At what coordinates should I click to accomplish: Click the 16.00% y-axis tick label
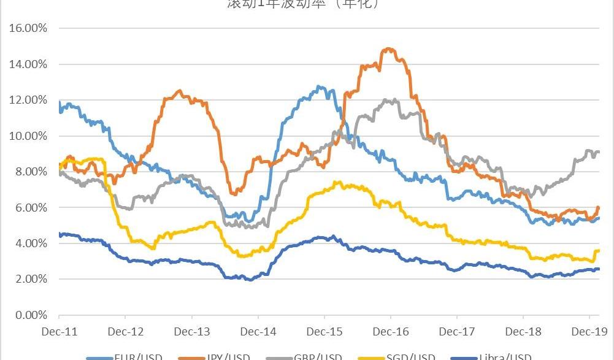click(x=26, y=28)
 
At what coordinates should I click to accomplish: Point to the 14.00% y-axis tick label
click(x=26, y=64)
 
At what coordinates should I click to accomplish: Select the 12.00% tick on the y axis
click(x=26, y=100)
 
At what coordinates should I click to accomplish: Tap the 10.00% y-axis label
click(x=26, y=136)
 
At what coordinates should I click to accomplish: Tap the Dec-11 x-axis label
click(x=59, y=332)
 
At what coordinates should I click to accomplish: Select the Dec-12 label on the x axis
click(x=125, y=332)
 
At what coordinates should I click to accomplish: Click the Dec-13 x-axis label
click(x=192, y=332)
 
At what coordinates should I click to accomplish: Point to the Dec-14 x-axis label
click(x=258, y=332)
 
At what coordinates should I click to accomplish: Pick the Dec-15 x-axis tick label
click(x=324, y=332)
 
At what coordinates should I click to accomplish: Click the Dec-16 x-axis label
click(x=391, y=332)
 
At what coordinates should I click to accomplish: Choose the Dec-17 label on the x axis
click(x=457, y=332)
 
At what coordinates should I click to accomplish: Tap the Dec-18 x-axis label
click(x=523, y=332)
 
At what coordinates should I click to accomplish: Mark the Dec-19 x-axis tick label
click(x=589, y=332)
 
